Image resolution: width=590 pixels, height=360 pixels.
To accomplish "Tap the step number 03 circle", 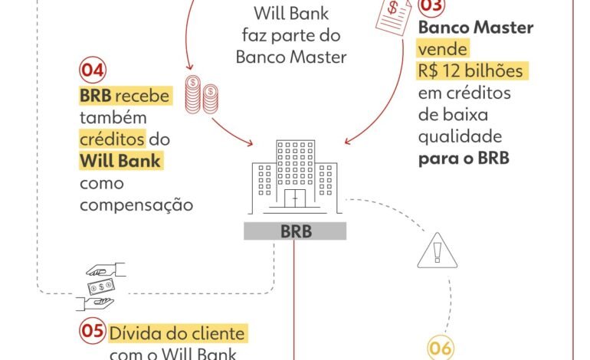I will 431,6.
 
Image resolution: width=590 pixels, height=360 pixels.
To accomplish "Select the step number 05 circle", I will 92,330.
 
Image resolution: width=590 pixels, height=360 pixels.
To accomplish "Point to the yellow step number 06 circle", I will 440,349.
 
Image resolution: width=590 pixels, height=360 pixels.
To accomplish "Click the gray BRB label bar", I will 294,231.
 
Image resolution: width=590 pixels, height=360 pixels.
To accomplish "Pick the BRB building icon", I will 294,177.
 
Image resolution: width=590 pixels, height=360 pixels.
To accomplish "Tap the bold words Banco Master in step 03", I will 476,28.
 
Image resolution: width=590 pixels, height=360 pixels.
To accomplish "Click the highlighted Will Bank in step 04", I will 120,162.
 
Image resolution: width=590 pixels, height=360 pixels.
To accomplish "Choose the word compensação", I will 136,205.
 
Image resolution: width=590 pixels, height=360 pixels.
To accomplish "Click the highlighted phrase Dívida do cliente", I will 177,334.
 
